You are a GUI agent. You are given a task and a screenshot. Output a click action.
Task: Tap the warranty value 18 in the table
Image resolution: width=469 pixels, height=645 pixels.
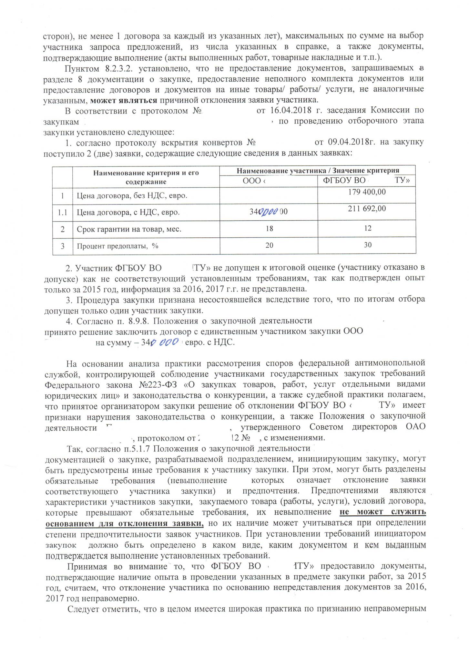(269, 229)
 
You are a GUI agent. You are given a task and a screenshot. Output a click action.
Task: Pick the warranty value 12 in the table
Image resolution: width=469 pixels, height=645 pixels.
(367, 228)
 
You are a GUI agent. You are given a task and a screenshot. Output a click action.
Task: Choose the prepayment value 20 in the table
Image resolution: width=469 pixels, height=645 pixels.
(269, 245)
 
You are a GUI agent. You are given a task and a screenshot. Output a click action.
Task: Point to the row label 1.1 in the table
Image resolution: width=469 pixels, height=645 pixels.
(62, 212)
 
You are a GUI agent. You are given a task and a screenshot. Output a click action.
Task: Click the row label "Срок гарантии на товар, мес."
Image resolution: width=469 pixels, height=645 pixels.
(129, 229)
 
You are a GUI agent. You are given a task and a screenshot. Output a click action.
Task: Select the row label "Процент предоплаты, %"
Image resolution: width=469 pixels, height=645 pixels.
(117, 246)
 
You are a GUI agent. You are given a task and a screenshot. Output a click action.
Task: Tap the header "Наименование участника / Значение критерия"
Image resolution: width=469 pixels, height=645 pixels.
(318, 171)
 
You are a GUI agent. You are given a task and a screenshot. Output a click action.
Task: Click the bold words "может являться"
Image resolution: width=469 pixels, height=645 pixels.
(124, 100)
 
